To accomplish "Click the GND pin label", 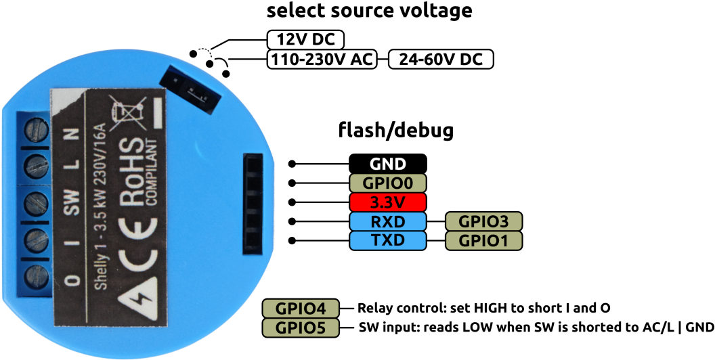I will click(387, 164).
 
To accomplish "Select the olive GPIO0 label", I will click(387, 183).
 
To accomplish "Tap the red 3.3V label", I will click(387, 202).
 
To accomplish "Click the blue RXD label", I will click(387, 221).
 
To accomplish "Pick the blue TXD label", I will click(387, 240).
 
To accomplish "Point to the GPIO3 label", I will click(483, 221).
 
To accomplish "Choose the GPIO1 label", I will click(483, 240).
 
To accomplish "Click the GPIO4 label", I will click(300, 309).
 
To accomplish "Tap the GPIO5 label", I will click(300, 328).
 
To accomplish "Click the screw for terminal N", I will click(35, 129).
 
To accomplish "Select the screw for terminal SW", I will click(35, 202).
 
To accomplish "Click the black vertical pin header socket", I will click(253, 204).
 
